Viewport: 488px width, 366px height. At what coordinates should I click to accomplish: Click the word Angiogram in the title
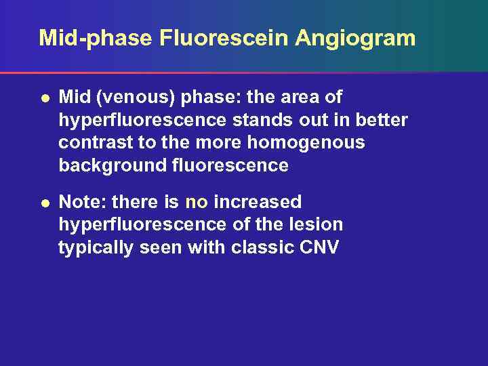coord(355,38)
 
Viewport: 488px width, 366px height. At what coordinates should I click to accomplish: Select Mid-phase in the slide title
coord(95,38)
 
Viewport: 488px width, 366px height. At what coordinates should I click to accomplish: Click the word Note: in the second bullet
coord(82,202)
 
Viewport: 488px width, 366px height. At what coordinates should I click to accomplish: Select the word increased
coord(258,202)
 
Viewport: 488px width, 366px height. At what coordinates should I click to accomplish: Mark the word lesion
coord(317,224)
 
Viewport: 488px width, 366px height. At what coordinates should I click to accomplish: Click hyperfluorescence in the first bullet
coord(143,120)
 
